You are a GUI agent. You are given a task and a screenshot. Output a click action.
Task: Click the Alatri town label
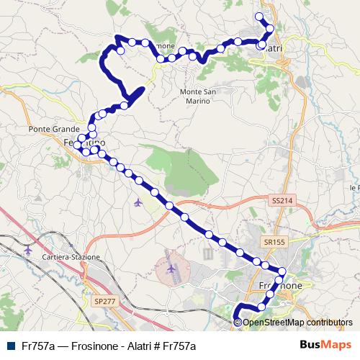271,48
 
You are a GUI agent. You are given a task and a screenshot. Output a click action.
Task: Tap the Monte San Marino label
196,96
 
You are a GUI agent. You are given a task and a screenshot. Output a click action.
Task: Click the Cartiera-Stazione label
71,257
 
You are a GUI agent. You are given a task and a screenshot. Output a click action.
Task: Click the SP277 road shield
104,301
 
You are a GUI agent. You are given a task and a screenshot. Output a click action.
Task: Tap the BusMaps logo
326,345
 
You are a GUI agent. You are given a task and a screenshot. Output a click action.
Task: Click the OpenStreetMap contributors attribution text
297,322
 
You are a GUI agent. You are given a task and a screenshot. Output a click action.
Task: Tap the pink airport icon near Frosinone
171,269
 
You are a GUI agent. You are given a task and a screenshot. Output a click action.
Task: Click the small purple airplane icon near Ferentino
138,202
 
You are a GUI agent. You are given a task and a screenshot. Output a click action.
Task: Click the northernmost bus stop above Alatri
260,17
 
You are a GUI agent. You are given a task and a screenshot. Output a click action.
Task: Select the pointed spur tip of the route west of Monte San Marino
144,88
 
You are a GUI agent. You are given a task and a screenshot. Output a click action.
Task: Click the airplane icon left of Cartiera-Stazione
28,250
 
